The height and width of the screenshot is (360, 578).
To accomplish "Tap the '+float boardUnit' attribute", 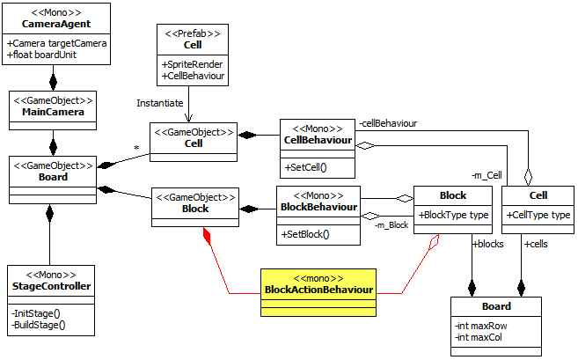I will pos(44,55).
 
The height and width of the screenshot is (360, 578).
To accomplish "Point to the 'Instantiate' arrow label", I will pos(161,102).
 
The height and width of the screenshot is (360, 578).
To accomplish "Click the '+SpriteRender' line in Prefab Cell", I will pos(191,63).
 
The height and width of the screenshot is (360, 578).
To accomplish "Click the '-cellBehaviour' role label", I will pos(387,123).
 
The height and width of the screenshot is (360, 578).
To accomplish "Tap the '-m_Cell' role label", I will pos(486,176).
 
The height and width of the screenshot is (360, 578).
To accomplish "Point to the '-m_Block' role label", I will pos(391,226).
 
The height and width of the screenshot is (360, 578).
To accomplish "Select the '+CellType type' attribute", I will pos(538,215).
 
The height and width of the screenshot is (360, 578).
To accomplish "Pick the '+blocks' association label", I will pos(488,244).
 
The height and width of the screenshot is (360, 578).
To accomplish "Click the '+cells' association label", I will pos(536,244).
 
